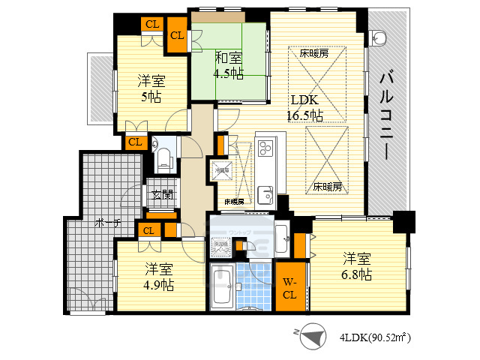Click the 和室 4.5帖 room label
(229, 65)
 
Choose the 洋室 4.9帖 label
(158, 276)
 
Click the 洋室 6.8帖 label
(356, 267)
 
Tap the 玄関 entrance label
(160, 196)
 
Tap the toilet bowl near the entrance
(164, 158)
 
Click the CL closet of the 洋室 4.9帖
(148, 230)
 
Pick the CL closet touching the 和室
(178, 36)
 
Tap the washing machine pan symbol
(220, 244)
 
